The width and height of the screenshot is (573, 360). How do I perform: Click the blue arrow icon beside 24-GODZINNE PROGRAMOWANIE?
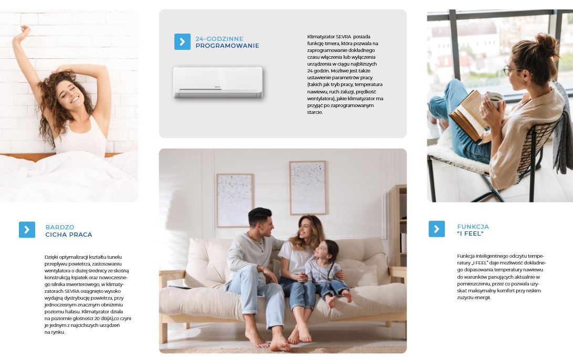(182, 41)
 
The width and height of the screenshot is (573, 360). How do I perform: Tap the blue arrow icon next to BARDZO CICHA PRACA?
(27, 230)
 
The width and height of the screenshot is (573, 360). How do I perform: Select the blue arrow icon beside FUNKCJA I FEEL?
(436, 229)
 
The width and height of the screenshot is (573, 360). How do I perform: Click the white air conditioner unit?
(218, 82)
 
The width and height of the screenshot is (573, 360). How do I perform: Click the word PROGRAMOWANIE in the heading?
(227, 46)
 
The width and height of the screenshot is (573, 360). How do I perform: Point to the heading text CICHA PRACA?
(69, 235)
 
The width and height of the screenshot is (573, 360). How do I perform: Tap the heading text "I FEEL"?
(470, 234)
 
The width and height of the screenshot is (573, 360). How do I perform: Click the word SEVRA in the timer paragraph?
(343, 37)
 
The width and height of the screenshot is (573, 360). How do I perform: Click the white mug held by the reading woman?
(495, 100)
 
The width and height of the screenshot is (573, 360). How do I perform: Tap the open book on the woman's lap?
(468, 115)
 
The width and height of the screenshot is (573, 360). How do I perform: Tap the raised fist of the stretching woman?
(25, 30)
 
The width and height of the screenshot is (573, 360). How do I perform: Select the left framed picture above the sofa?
(235, 200)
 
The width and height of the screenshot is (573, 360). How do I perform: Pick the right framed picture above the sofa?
(308, 188)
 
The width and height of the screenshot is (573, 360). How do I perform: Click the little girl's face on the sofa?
(321, 250)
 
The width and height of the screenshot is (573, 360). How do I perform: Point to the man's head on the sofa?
(261, 221)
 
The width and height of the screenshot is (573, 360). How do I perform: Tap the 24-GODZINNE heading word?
(219, 39)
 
